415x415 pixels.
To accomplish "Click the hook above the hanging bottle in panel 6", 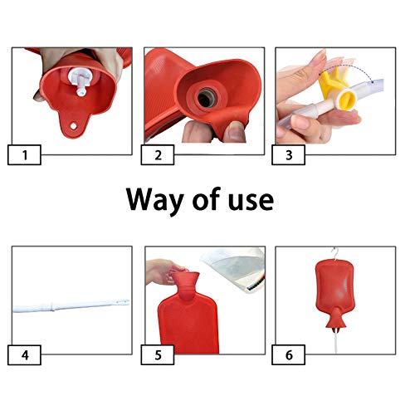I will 336,253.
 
